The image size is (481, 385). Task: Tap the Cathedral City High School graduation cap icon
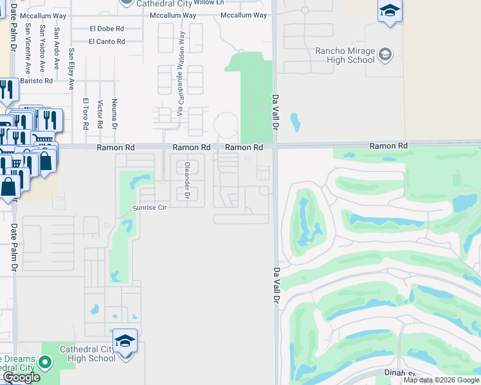125,341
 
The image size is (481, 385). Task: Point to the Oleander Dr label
188,180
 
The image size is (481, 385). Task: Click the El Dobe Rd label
107,28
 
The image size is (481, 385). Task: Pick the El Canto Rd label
107,42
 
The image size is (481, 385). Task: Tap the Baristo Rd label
36,81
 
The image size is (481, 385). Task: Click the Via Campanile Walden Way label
181,73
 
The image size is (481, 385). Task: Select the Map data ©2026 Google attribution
442,380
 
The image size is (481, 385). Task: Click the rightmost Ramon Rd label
388,146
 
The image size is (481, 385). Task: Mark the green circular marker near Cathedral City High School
45,363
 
